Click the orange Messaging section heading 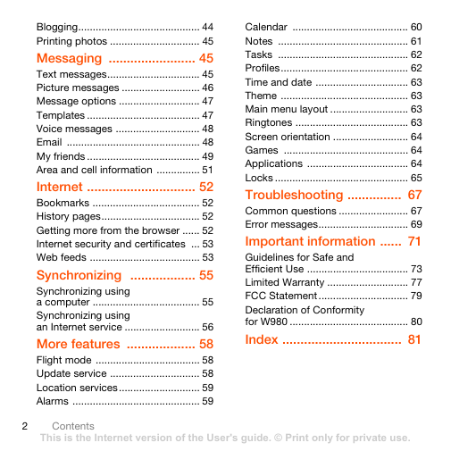pyautogui.click(x=69, y=58)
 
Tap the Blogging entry pyautogui.click(x=57, y=27)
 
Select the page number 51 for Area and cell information pyautogui.click(x=207, y=170)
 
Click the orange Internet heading pyautogui.click(x=60, y=187)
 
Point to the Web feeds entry pyautogui.click(x=62, y=257)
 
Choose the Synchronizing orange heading pyautogui.click(x=79, y=275)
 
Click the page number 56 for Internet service pyautogui.click(x=207, y=327)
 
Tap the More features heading pyautogui.click(x=79, y=344)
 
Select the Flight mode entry pyautogui.click(x=63, y=360)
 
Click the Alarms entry pyautogui.click(x=53, y=401)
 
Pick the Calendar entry pyautogui.click(x=266, y=27)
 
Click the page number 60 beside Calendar pyautogui.click(x=416, y=27)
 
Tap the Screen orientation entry pyautogui.click(x=288, y=137)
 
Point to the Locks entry pyautogui.click(x=259, y=178)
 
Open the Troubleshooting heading pyautogui.click(x=294, y=195)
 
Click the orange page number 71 pyautogui.click(x=414, y=241)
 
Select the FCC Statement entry pyautogui.click(x=281, y=296)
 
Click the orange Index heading pyautogui.click(x=262, y=339)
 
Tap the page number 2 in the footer pyautogui.click(x=25, y=426)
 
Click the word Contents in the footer pyautogui.click(x=73, y=426)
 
